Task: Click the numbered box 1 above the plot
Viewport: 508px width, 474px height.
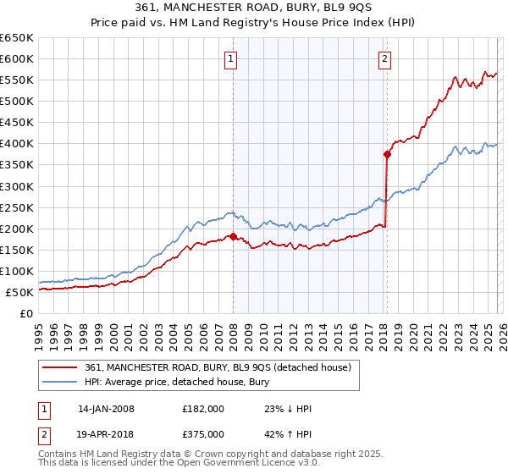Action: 231,58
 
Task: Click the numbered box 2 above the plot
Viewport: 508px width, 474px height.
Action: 384,58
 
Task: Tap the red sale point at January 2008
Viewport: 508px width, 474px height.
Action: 233,236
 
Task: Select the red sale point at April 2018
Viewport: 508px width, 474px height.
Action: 387,154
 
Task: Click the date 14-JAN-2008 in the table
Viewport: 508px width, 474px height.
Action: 106,409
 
